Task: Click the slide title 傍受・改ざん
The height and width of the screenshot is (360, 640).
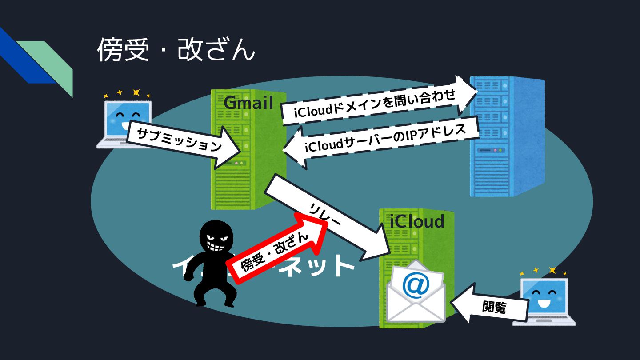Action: tap(176, 50)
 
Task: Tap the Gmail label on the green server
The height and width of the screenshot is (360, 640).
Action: tap(248, 103)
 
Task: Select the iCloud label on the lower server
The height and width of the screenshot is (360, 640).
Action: tap(417, 221)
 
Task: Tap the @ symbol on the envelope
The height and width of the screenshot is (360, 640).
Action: tap(415, 285)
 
